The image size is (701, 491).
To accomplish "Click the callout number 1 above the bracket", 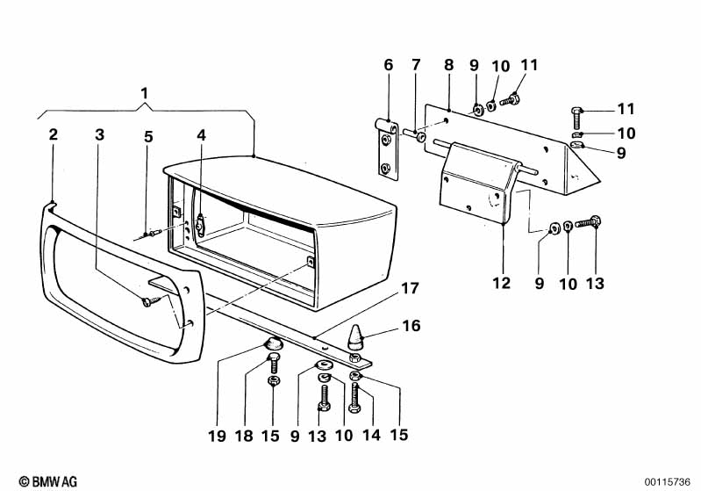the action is point(144,94).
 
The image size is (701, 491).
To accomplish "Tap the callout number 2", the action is point(54,134).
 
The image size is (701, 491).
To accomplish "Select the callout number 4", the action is point(202,135).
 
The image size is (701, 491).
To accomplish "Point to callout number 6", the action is point(388,65).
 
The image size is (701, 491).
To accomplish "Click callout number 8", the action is point(449,65).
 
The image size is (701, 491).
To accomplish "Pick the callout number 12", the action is point(501,283).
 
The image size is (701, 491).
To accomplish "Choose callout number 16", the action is point(411,325).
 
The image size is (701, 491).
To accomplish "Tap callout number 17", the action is point(410,288).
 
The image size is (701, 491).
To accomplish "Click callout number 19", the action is point(217,436).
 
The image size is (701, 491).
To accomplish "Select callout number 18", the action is point(244,436).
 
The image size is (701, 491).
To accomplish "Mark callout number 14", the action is point(371,435).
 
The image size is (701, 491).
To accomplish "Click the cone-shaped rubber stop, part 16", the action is point(355,337).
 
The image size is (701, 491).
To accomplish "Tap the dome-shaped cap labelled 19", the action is point(273,345).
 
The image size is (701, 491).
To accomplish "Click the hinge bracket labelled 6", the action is point(386,149).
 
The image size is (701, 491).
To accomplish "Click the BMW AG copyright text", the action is point(48,481).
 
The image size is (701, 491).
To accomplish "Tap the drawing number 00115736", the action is point(668,482).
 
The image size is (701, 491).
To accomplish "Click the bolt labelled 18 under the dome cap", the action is point(273,363).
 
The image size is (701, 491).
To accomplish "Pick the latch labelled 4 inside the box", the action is point(200,225).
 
